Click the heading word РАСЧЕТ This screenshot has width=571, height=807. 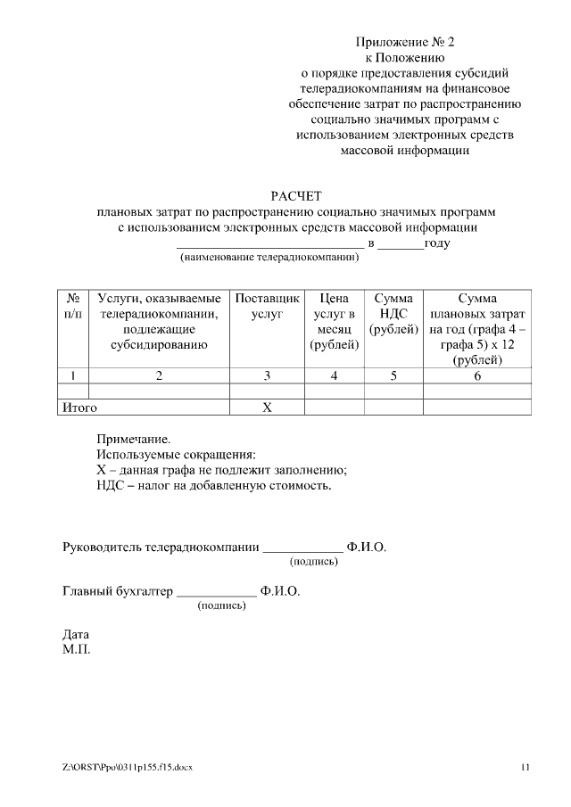pos(295,196)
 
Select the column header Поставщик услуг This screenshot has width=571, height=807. pos(267,307)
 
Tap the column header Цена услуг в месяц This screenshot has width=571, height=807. pos(334,322)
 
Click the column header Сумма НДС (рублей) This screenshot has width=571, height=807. pos(393,314)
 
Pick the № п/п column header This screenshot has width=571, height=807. pos(74,307)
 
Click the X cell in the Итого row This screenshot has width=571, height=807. pos(266,408)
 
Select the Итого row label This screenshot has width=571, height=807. pos(79,408)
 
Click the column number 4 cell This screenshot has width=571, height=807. pos(334,376)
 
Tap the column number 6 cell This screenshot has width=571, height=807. pos(476,376)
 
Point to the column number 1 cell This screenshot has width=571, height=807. pos(74,376)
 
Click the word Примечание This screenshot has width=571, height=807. pos(132,440)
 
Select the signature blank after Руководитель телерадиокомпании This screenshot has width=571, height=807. pos(303,547)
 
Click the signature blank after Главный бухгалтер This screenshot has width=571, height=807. pos(217,591)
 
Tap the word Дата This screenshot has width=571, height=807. pos(76,635)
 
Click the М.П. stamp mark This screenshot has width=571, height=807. pos(77,649)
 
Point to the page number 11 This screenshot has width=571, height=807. pos(525,766)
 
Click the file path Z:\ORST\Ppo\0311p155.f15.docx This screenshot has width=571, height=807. pos(128,766)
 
